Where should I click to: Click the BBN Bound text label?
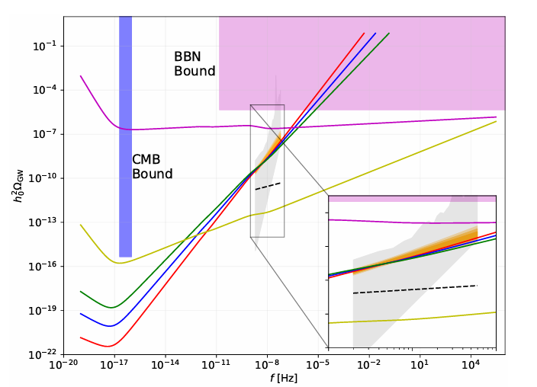(195, 64)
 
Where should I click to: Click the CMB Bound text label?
(153, 167)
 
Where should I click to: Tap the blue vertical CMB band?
(126, 137)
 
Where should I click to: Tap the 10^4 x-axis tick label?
(471, 366)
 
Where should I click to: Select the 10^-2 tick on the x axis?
(369, 366)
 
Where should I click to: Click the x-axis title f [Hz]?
(283, 378)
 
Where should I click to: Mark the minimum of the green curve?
(112, 308)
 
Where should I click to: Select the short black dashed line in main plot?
(268, 186)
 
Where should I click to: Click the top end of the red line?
(364, 34)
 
